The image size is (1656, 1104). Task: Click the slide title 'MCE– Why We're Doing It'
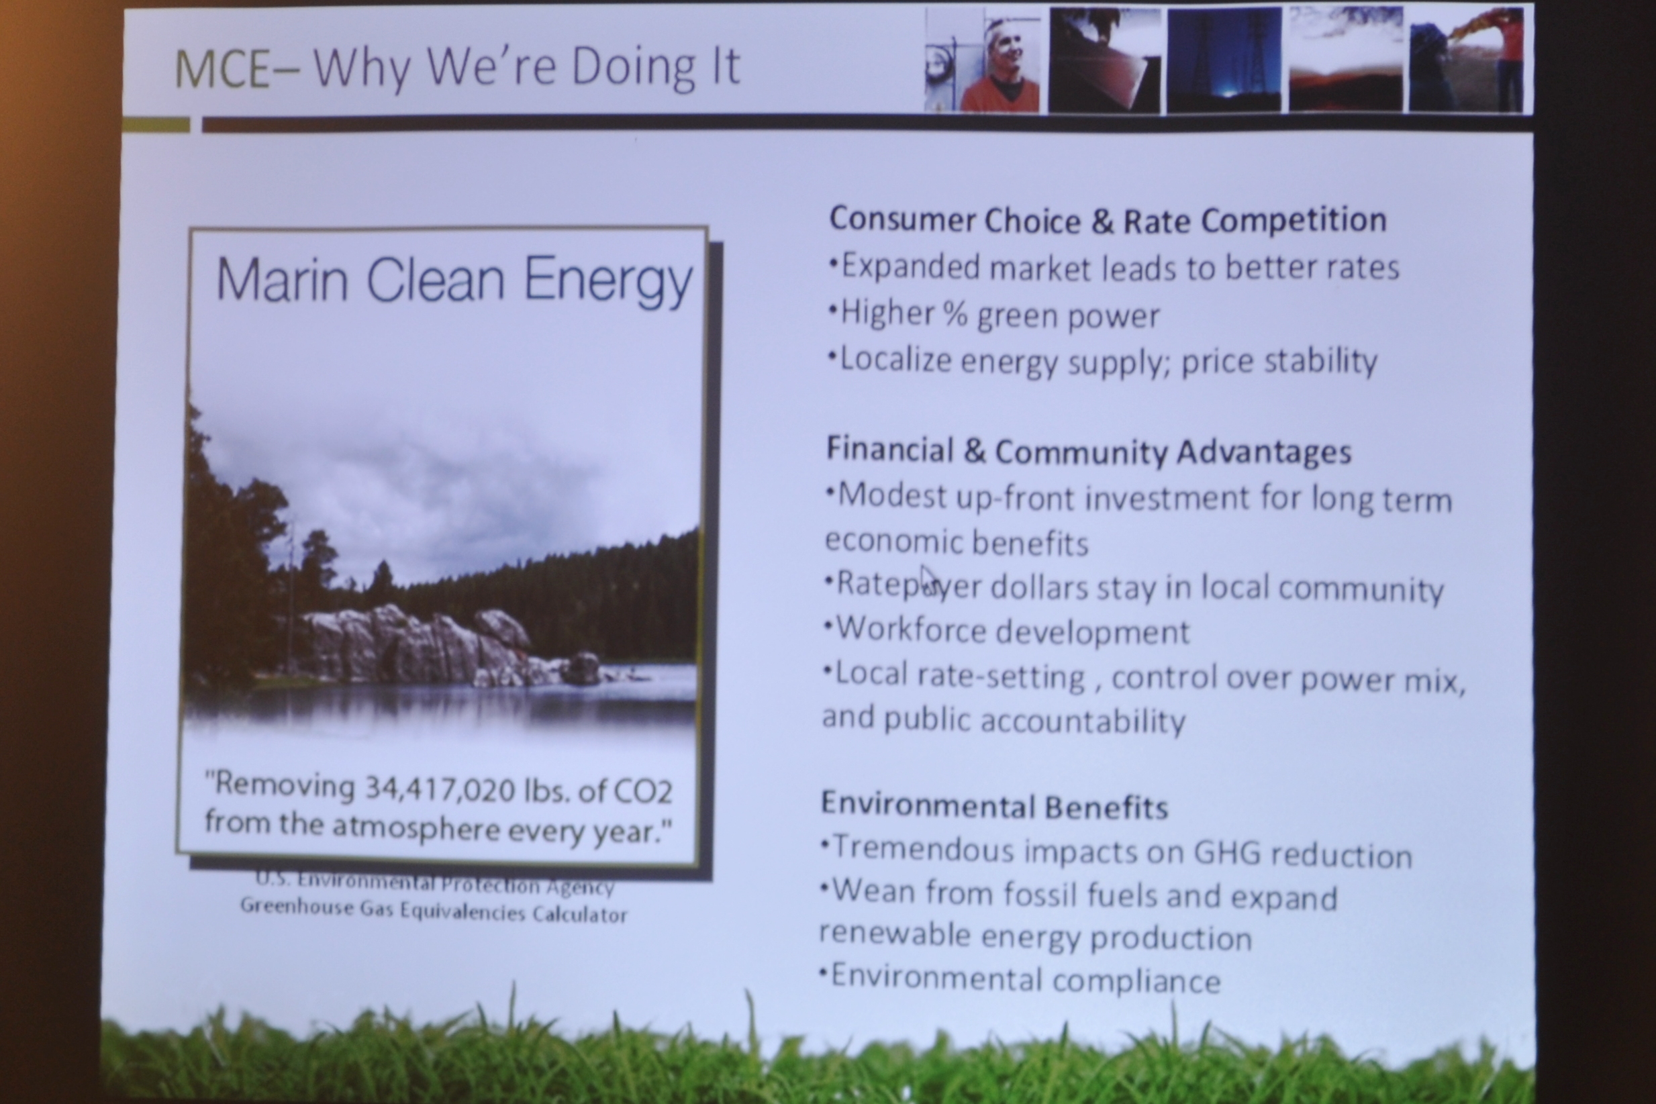click(457, 68)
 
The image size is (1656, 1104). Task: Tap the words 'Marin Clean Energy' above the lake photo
click(454, 281)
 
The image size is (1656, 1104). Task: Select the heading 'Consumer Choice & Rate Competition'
click(1108, 219)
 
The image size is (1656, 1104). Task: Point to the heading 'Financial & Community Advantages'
click(1089, 450)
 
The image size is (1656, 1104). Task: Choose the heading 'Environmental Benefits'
click(994, 806)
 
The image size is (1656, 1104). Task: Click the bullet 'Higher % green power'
click(993, 314)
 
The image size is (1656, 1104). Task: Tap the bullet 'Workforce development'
click(1007, 630)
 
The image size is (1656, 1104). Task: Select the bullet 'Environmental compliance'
click(1020, 979)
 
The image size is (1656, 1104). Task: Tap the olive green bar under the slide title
click(156, 126)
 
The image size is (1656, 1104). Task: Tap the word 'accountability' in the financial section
click(1083, 720)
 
